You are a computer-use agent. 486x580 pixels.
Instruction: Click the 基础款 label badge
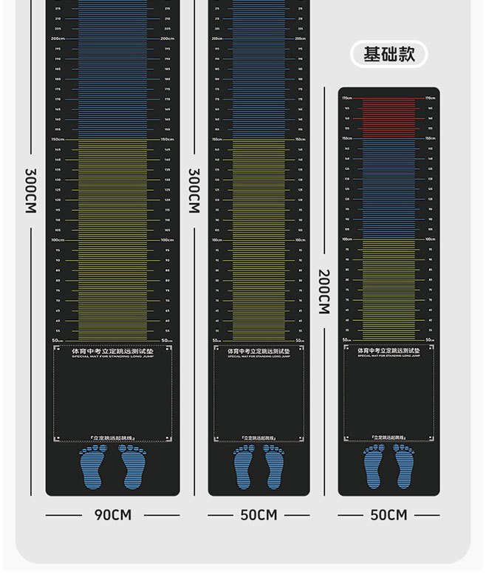tap(389, 54)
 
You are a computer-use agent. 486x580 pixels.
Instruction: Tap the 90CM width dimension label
tap(112, 514)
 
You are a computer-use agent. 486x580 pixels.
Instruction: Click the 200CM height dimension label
tap(324, 292)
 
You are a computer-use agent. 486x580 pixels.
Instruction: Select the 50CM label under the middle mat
tap(259, 514)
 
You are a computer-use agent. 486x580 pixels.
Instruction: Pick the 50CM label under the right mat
tap(389, 514)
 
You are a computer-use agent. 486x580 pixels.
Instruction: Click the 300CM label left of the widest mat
tap(30, 191)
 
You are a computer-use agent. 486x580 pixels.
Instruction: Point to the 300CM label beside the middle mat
tap(194, 191)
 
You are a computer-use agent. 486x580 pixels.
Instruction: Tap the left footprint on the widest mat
tap(92, 466)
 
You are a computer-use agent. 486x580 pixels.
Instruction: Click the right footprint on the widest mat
tap(133, 466)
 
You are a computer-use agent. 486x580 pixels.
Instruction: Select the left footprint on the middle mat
tap(244, 466)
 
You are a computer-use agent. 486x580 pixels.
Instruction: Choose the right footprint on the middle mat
tap(274, 466)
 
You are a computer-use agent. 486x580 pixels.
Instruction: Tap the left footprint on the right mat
tap(374, 466)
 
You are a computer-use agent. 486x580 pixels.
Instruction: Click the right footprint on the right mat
tap(403, 466)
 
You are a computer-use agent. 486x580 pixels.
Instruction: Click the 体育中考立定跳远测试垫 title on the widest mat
tap(112, 352)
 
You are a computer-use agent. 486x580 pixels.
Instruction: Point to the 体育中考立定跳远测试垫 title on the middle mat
tap(259, 351)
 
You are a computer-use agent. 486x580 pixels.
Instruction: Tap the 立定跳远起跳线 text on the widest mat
tap(112, 437)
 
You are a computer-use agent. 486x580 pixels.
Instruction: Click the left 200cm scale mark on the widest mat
tap(58, 38)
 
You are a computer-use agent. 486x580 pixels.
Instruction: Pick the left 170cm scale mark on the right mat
tap(346, 98)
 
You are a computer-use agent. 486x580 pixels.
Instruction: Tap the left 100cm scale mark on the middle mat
tap(217, 240)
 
